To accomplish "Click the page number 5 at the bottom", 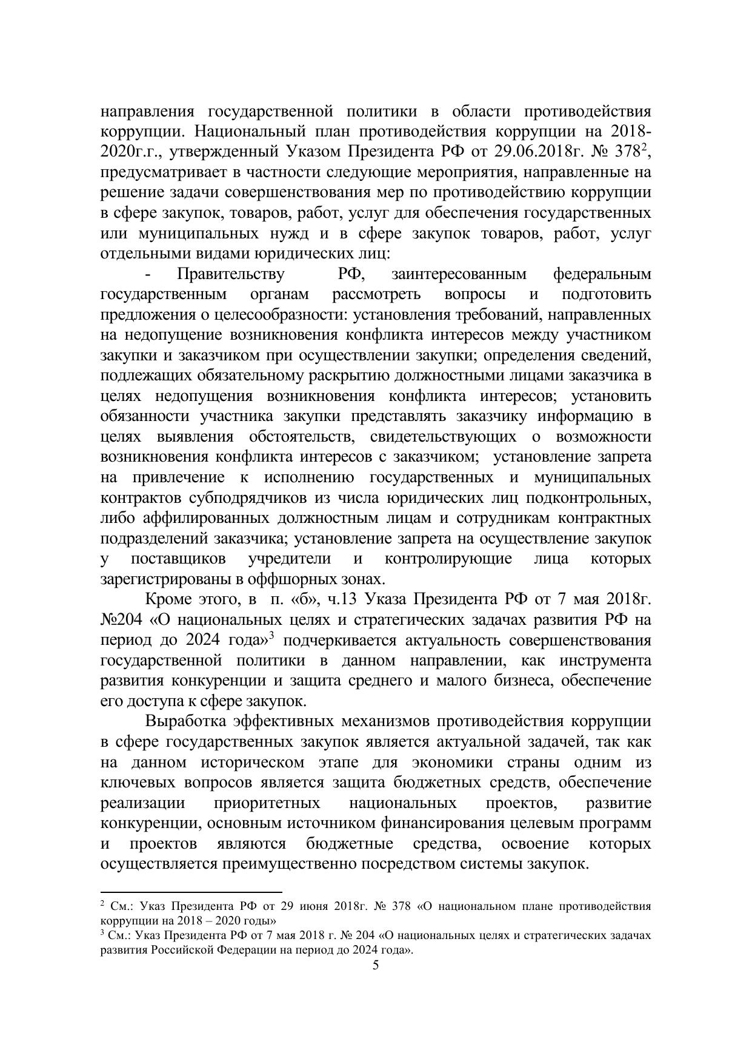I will [376, 965].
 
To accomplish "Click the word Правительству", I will [230, 274].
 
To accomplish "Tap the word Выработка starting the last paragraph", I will [185, 721].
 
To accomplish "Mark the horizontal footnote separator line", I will [191, 892].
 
